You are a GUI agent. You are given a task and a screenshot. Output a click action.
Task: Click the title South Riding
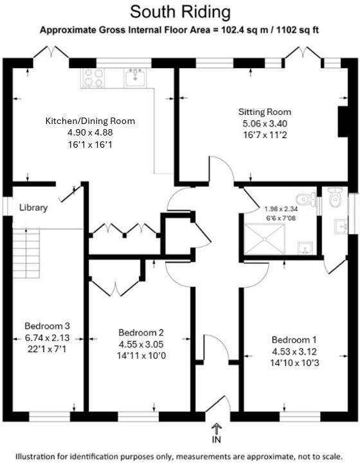pos(181,12)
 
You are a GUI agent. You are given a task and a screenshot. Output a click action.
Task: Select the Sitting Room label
pos(264,112)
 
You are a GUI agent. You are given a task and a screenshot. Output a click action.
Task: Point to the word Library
pos(35,207)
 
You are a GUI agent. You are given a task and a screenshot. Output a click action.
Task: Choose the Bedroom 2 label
pos(141,332)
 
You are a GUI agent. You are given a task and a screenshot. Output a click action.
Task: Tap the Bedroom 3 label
pos(46,325)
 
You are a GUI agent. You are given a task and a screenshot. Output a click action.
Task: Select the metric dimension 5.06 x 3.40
pos(264,123)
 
